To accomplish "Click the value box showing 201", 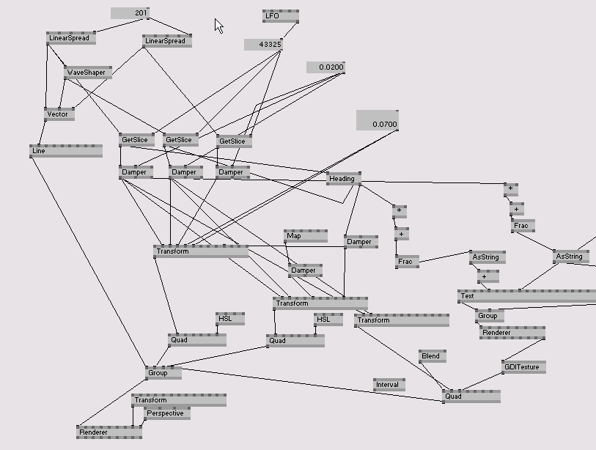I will pyautogui.click(x=130, y=13).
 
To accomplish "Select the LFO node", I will pyautogui.click(x=280, y=15).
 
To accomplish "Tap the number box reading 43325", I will pyautogui.click(x=263, y=45).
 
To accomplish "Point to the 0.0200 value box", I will pyautogui.click(x=325, y=67).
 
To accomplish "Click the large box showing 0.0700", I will pyautogui.click(x=377, y=121).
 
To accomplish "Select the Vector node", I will pyautogui.click(x=59, y=114).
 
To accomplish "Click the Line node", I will pyautogui.click(x=65, y=151).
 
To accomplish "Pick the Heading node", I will pyautogui.click(x=343, y=178).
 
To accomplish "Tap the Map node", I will pyautogui.click(x=305, y=236).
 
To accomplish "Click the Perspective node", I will pyautogui.click(x=166, y=413).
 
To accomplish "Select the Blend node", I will pyautogui.click(x=432, y=356).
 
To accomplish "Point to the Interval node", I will pyautogui.click(x=388, y=385).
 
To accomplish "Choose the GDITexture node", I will pyautogui.click(x=523, y=366).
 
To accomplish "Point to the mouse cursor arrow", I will pyautogui.click(x=218, y=26).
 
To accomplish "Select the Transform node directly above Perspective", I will pyautogui.click(x=178, y=400).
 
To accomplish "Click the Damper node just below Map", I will pyautogui.click(x=305, y=270).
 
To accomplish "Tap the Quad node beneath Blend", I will pyautogui.click(x=471, y=396).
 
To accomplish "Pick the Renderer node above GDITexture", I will pyautogui.click(x=512, y=333).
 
